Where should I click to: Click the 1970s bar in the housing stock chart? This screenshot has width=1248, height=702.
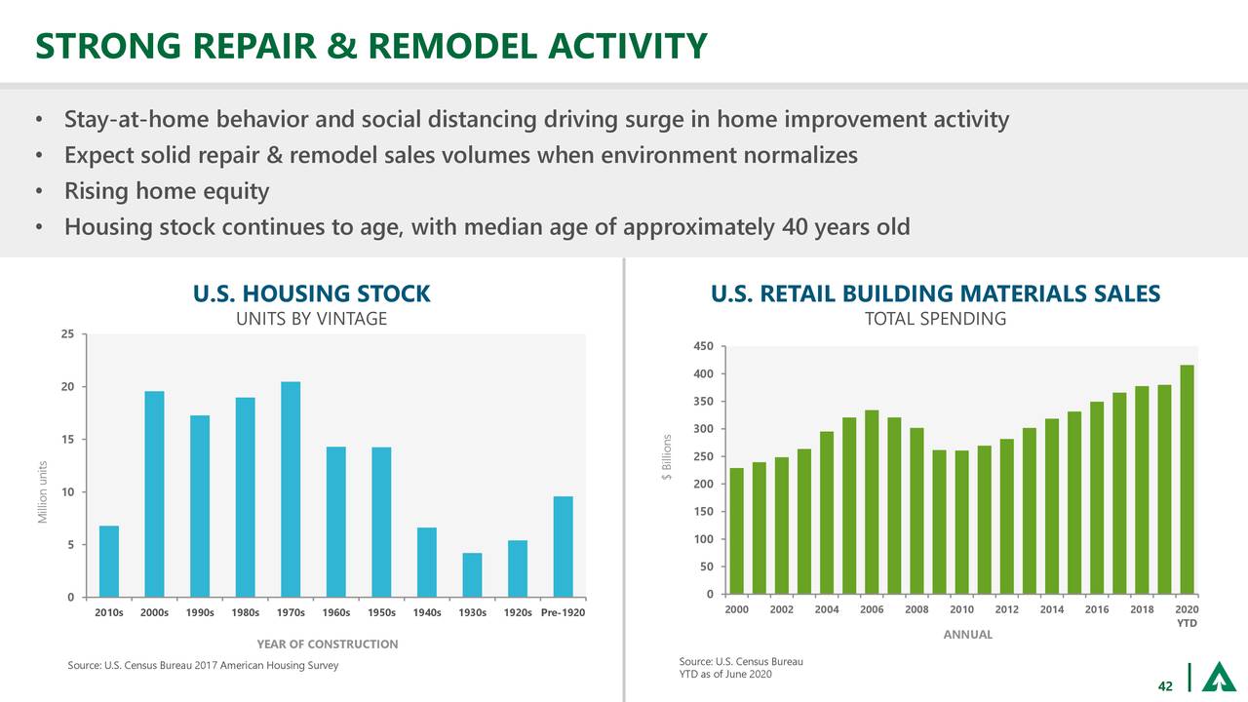[291, 488]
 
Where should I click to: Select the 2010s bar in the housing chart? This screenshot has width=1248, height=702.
[109, 561]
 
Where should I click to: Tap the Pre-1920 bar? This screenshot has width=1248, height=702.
[563, 546]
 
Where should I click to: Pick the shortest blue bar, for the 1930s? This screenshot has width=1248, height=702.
[472, 574]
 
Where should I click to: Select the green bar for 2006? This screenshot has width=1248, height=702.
[872, 502]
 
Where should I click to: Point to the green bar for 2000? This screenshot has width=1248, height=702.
[737, 531]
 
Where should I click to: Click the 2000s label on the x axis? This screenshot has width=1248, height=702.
[154, 613]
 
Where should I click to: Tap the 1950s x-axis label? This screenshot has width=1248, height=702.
[381, 613]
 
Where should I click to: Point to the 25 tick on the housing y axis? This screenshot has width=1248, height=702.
[66, 334]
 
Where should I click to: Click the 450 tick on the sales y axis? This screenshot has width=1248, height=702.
[703, 346]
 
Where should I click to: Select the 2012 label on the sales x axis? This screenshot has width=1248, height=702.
[1006, 609]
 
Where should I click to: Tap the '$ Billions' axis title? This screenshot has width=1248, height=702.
[667, 456]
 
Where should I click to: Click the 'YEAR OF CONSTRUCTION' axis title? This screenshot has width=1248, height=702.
[327, 644]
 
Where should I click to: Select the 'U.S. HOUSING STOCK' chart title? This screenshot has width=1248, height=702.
[311, 293]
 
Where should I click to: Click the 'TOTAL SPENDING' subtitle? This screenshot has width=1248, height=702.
[935, 320]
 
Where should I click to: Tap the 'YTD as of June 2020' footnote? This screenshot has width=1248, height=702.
[725, 677]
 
